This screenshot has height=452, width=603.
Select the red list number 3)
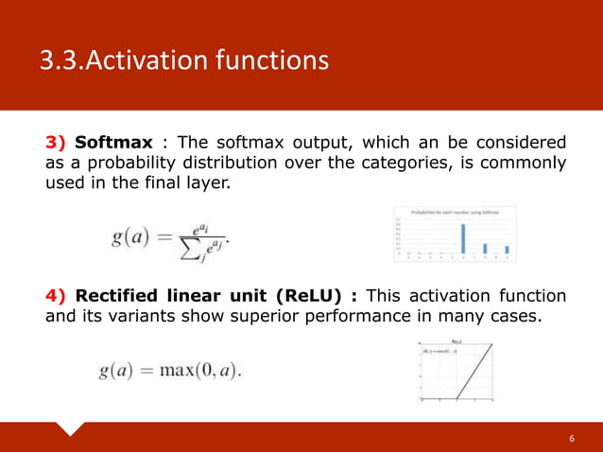coord(57,143)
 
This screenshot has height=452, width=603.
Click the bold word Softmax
coord(113,143)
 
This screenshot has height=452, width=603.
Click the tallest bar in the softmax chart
coord(463,238)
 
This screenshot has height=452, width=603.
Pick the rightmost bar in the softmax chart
coord(507,251)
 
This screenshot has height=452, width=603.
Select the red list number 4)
coord(57,295)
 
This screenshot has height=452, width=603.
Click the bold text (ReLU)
coord(320,295)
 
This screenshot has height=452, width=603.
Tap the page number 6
coord(572,440)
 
